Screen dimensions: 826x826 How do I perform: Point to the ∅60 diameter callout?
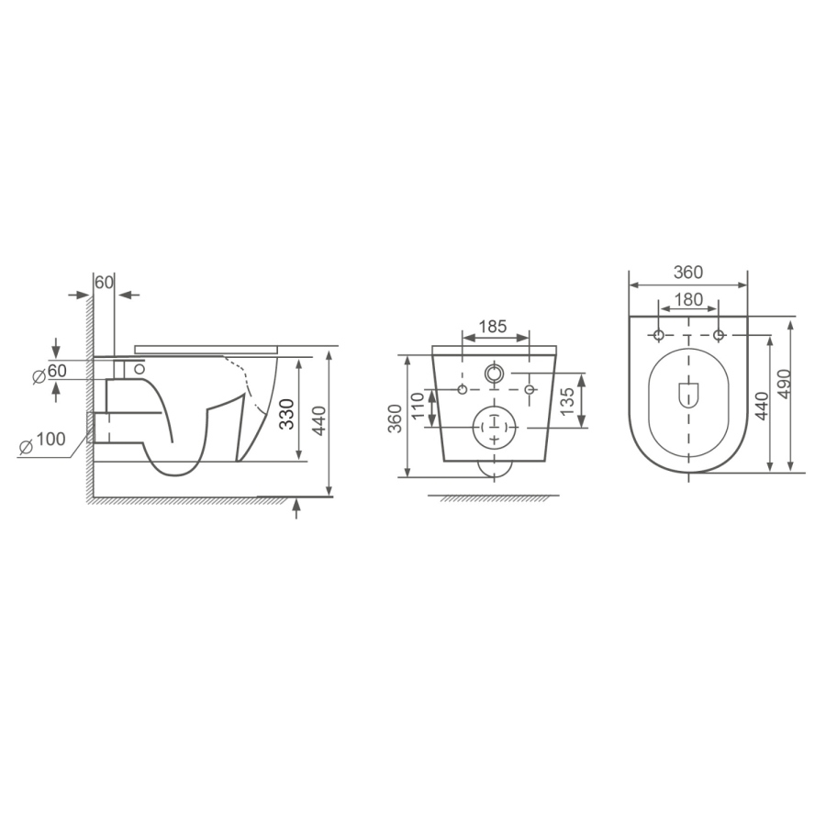(x=50, y=372)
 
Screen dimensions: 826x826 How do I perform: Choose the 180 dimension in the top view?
(x=687, y=298)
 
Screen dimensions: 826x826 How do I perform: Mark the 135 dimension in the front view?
(x=567, y=399)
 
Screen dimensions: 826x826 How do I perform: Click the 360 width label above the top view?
(x=687, y=273)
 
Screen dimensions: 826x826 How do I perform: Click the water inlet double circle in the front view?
(x=495, y=374)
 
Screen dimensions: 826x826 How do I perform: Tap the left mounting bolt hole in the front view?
(x=462, y=391)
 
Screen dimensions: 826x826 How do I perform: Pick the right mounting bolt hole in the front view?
(x=529, y=391)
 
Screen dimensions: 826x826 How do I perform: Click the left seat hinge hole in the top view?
(x=658, y=334)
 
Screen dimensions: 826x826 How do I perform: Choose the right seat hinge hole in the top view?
(x=718, y=334)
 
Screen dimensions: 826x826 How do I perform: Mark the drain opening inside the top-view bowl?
(x=687, y=394)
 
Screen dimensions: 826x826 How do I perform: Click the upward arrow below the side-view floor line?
(x=296, y=508)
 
